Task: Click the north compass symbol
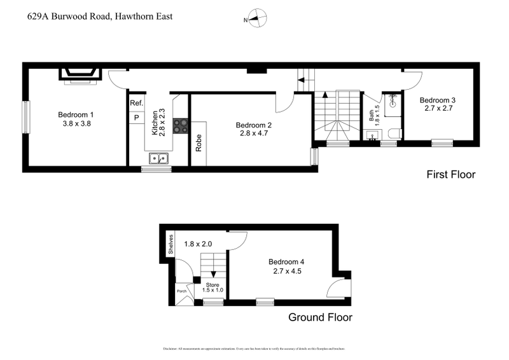click(256, 19)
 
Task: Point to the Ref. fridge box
click(136, 103)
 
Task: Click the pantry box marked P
click(136, 118)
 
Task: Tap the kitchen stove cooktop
click(181, 125)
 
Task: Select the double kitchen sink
click(158, 158)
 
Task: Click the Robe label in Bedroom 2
click(199, 142)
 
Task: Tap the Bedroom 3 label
click(437, 100)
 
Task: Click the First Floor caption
click(450, 174)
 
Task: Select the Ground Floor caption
click(320, 317)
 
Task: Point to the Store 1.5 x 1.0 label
click(213, 286)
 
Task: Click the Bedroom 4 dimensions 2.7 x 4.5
click(286, 272)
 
